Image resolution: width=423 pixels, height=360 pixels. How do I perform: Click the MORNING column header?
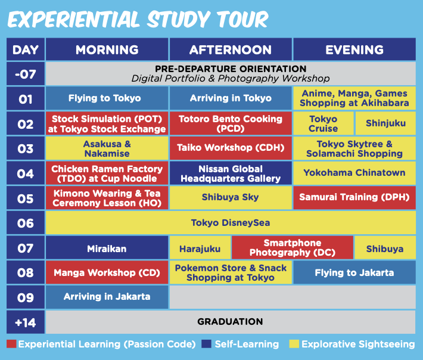pyautogui.click(x=107, y=49)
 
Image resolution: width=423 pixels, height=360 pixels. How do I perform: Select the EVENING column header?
pyautogui.click(x=354, y=49)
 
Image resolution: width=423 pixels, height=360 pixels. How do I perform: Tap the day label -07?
pyautogui.click(x=26, y=74)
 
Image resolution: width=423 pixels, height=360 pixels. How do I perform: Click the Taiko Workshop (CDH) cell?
pyautogui.click(x=231, y=148)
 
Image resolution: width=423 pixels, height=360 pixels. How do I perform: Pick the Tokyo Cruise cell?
pyautogui.click(x=323, y=123)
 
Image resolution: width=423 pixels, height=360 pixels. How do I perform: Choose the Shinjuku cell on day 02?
pyautogui.click(x=385, y=123)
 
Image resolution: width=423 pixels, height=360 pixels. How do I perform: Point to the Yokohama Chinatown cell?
pyautogui.click(x=354, y=173)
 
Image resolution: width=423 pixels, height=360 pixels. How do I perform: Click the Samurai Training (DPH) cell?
pyautogui.click(x=354, y=197)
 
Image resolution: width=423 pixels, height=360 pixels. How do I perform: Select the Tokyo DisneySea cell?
pyautogui.click(x=231, y=223)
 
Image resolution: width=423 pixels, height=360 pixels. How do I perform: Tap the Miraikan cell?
pyautogui.click(x=107, y=249)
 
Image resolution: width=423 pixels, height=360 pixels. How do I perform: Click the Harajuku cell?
pyautogui.click(x=200, y=249)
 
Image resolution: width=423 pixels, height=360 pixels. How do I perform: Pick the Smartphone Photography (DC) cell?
pyautogui.click(x=293, y=248)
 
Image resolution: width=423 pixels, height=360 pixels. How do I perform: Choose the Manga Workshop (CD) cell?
pyautogui.click(x=107, y=272)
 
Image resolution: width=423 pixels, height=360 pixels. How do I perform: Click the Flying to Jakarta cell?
pyautogui.click(x=354, y=272)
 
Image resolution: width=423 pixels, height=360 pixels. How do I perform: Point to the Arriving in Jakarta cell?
pyautogui.click(x=107, y=297)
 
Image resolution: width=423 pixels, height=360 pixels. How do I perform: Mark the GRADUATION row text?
pyautogui.click(x=230, y=322)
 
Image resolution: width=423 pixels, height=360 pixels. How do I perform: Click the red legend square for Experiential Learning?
pyautogui.click(x=11, y=344)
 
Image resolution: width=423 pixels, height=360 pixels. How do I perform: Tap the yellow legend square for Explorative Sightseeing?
pyautogui.click(x=294, y=344)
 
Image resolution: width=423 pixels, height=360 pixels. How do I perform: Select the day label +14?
pyautogui.click(x=26, y=322)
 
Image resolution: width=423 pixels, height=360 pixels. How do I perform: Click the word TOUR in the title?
pyautogui.click(x=242, y=20)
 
